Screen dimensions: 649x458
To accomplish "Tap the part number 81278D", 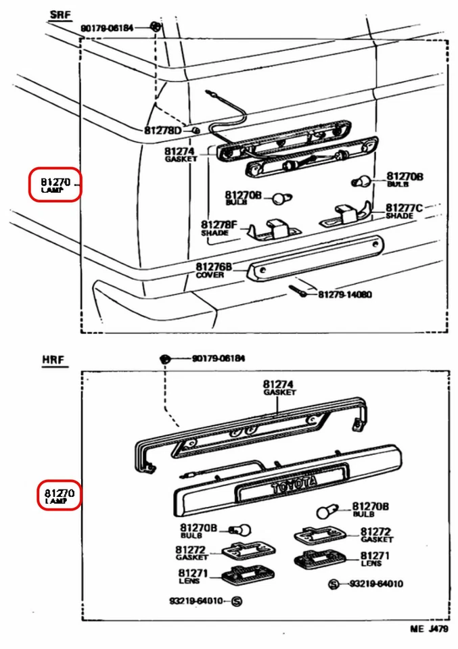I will pos(163,130).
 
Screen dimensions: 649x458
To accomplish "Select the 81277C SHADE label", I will pos(404,211).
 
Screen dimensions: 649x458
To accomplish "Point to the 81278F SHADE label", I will pos(219,228).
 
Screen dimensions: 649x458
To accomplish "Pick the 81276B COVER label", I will pos(213,270).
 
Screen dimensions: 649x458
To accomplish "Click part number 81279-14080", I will pos(345,295).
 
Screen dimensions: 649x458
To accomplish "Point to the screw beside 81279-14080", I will pos(299,291).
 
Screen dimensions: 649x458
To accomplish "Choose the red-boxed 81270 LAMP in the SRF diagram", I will pos(55,185).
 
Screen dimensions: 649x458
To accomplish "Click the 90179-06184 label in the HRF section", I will pos(218,358).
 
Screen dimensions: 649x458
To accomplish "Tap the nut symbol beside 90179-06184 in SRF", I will pos(156,27).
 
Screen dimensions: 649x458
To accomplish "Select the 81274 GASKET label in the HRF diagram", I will pos(279,387).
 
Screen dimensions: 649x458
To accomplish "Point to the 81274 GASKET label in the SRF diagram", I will pos(180,155).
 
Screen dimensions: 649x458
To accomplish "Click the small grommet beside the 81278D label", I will pos(196,128).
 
